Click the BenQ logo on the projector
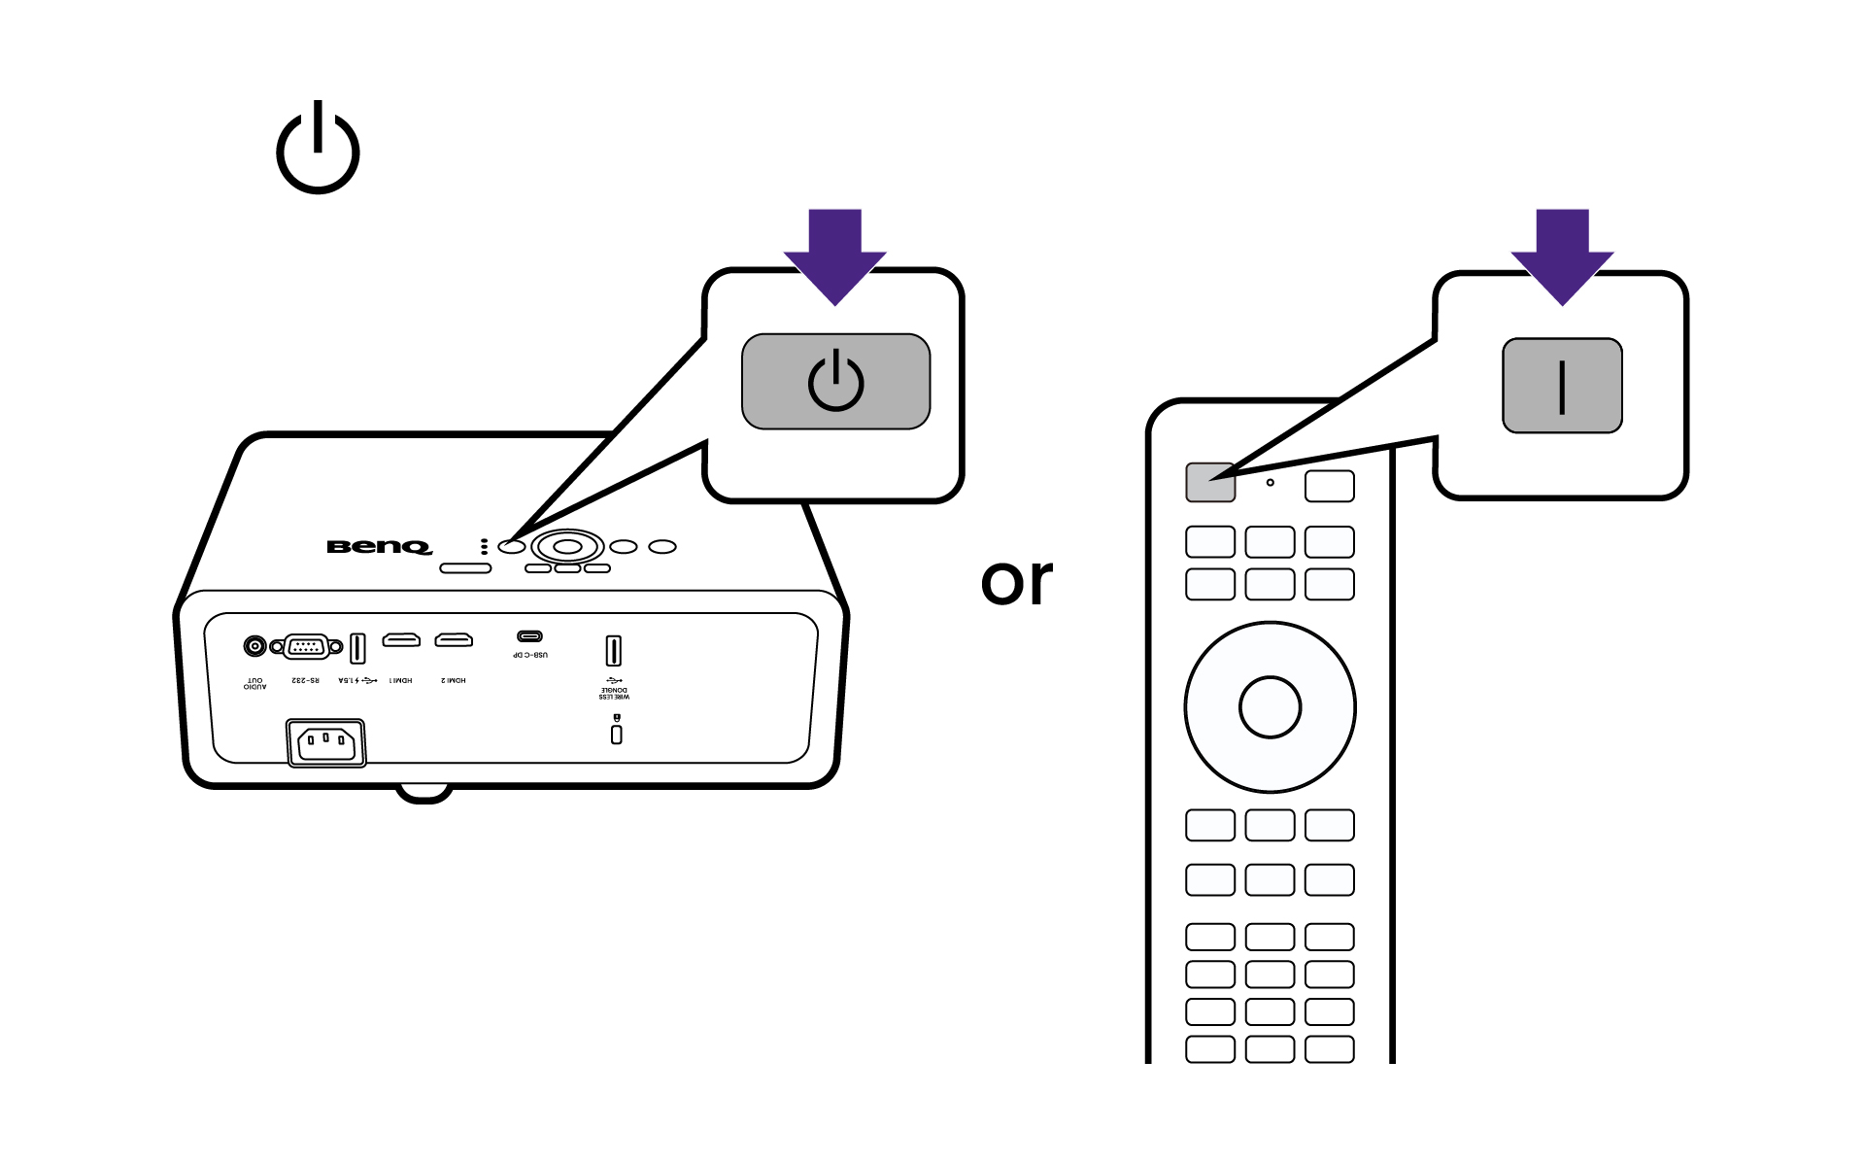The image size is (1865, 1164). pos(379,547)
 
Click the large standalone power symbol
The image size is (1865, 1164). pos(318,149)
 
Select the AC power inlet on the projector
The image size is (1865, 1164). pos(326,743)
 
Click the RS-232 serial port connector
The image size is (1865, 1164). pos(306,646)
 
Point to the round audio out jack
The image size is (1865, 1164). pos(254,645)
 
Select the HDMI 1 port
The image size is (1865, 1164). pos(401,640)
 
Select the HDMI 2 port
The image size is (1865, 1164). pos(454,640)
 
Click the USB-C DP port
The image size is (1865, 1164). pos(529,637)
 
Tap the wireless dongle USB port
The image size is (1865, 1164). pos(613,650)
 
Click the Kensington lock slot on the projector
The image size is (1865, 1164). pos(616,734)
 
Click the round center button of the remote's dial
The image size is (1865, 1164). pos(1270,707)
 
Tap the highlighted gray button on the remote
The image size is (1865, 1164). pos(1210,483)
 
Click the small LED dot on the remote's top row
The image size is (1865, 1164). pos(1270,482)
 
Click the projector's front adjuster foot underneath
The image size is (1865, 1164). pos(424,793)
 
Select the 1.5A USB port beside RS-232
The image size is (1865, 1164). pos(356,647)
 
